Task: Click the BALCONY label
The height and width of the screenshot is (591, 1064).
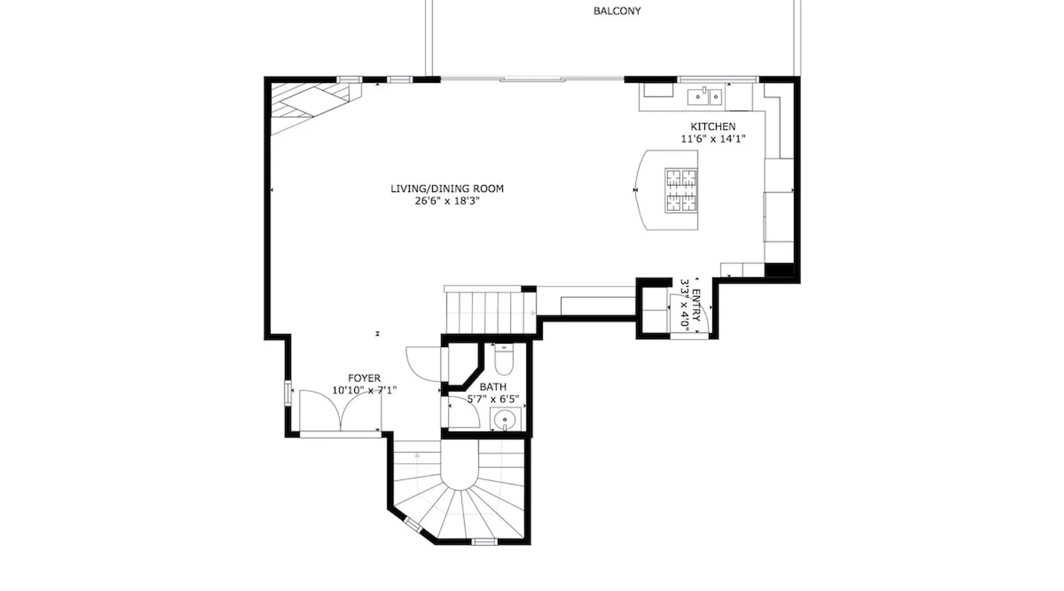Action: click(617, 11)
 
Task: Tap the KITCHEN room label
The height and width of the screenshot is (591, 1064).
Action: click(713, 126)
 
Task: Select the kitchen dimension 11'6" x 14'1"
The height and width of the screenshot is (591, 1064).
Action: click(713, 139)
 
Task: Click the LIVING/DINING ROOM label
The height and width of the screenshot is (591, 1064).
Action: click(447, 189)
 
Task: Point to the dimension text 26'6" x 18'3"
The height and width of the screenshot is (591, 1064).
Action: click(447, 201)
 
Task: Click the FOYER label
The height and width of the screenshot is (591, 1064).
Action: click(364, 378)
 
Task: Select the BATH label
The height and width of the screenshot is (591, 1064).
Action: click(493, 387)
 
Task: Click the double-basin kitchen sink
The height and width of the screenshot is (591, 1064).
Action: click(705, 96)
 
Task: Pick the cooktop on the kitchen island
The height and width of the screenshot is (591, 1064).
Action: click(682, 190)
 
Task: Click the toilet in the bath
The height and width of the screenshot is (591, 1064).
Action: click(504, 359)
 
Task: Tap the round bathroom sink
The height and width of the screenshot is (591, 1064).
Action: click(505, 420)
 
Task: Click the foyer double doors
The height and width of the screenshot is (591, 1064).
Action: click(340, 411)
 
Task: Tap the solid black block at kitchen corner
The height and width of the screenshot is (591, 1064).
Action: click(779, 270)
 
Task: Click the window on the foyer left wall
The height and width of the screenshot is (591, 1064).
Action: click(288, 393)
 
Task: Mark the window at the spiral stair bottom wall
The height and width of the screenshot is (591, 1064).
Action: click(484, 541)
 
